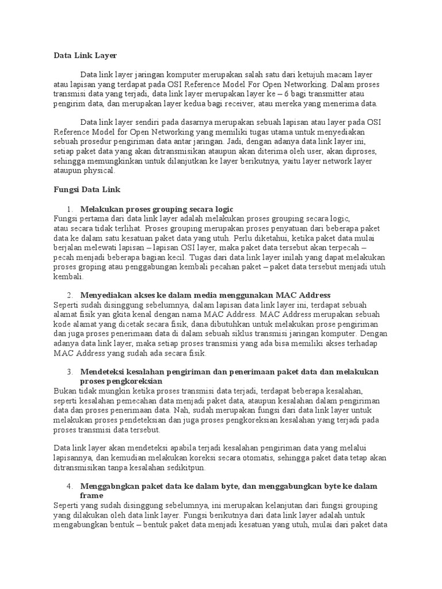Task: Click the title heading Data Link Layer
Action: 85,56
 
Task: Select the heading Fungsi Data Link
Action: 86,189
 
